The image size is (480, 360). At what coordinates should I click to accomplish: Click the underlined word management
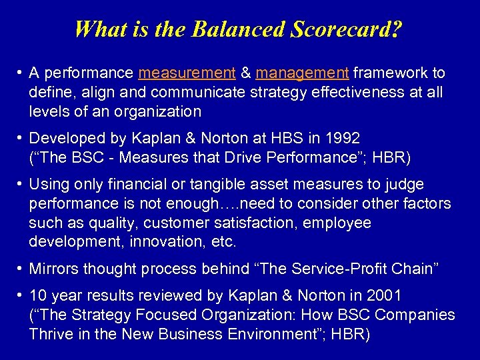303,73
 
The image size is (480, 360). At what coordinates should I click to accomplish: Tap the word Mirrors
55,269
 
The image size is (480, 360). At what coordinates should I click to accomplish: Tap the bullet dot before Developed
21,139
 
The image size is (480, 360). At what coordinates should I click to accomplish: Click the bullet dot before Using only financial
21,184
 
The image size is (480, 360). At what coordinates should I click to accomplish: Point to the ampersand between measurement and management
245,73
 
